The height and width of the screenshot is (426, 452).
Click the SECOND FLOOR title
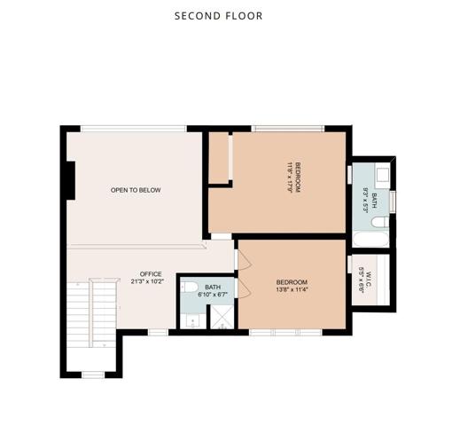tap(218, 16)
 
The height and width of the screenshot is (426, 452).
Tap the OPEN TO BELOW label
tap(136, 190)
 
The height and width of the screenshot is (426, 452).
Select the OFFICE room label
tap(151, 273)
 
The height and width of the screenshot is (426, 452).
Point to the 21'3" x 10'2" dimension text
tap(151, 281)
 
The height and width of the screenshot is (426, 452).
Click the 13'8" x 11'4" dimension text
tap(292, 289)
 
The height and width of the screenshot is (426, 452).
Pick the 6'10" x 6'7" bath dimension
tap(213, 294)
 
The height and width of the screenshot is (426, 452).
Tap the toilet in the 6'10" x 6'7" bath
tap(189, 288)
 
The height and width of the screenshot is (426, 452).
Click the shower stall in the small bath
tap(217, 317)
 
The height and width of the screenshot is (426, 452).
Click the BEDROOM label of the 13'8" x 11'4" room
tap(292, 281)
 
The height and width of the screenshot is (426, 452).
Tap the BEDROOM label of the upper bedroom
tap(298, 176)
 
